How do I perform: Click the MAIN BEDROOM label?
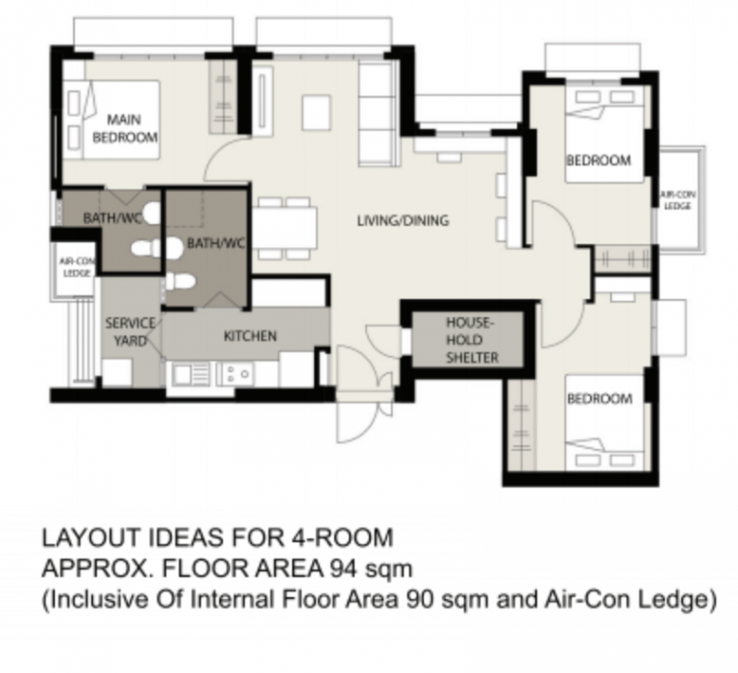pos(125,128)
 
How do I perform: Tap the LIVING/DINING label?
pos(403,220)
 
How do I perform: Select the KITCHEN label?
pos(250,336)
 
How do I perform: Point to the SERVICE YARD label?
pos(130,332)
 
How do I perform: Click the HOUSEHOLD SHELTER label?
pos(472,340)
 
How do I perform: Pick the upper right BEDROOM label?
pos(599,161)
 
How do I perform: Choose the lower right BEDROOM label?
pos(600,398)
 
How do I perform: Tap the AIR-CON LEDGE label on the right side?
pos(677,200)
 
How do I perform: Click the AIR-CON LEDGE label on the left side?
pos(77,267)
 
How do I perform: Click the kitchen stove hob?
pos(235,373)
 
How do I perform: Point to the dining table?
pos(284,228)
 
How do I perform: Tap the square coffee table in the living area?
pos(316,112)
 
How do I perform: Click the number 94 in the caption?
pos(344,568)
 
